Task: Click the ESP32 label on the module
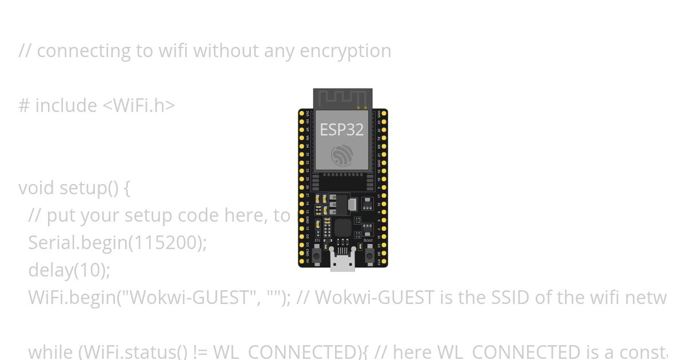coord(342,130)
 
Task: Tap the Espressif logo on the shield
coord(342,155)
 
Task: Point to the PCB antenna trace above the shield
coord(342,98)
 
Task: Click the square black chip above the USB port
coord(343,227)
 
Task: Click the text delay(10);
coord(69,270)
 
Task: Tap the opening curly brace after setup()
coord(126,188)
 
